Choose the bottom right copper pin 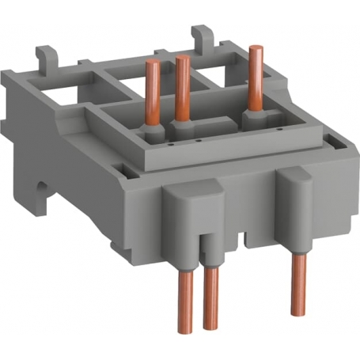coord(297,281)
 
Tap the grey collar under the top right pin coord(253,117)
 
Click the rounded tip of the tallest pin coord(254,50)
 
